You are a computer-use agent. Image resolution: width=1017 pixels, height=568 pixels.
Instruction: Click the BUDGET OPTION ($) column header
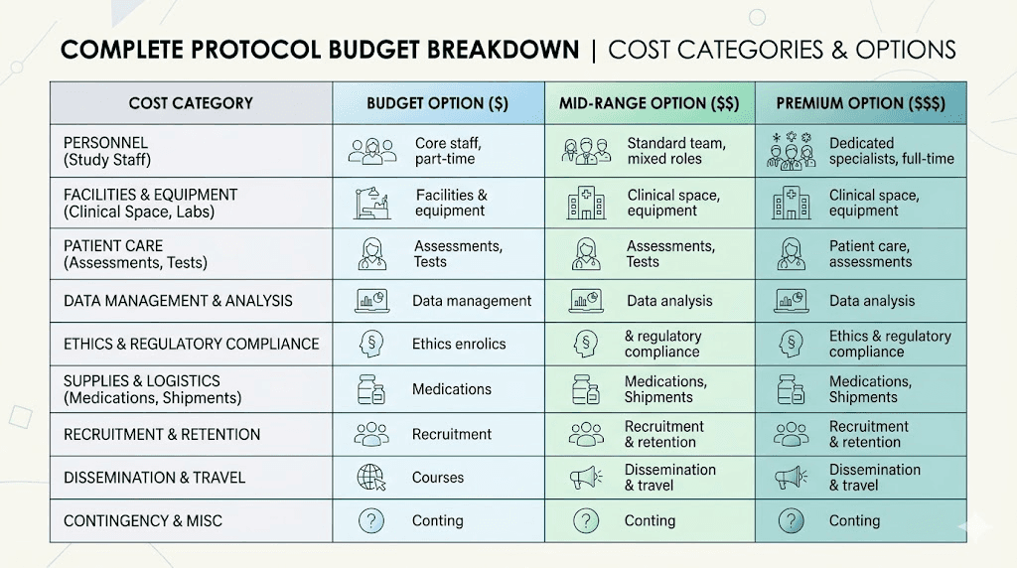coord(438,103)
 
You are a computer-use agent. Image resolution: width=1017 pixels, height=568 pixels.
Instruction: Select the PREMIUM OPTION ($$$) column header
coord(860,103)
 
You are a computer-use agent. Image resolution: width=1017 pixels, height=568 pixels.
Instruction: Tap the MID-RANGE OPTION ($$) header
coord(650,103)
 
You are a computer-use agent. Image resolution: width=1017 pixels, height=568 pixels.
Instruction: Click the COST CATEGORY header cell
coord(191,103)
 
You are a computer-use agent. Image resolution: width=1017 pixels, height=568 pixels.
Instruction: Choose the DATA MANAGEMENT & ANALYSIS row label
coord(178,301)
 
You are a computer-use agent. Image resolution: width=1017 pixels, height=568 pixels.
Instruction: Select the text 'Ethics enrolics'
coord(459,345)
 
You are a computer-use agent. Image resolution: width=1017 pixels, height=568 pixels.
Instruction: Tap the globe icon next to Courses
coord(370,478)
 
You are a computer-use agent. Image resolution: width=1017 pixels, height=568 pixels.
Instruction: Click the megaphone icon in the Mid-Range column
coord(586,478)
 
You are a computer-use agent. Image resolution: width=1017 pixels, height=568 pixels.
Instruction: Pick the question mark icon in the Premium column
coord(792,520)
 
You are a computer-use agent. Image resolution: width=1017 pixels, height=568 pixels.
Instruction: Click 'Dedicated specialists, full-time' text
coord(891,151)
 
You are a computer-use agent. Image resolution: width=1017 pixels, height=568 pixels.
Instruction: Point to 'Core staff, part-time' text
coord(448,151)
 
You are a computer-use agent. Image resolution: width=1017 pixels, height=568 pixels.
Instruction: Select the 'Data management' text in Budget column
coord(473,301)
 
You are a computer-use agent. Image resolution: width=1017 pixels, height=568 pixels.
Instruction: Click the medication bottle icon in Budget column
coord(370,389)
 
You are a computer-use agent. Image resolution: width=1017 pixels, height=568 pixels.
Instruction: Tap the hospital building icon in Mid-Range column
coord(586,204)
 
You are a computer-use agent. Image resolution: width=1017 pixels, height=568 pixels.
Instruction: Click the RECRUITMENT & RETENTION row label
coord(162,435)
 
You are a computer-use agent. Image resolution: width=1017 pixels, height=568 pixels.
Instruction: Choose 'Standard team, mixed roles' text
coord(675,151)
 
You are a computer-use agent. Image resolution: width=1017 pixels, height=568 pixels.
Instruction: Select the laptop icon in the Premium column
coord(792,301)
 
